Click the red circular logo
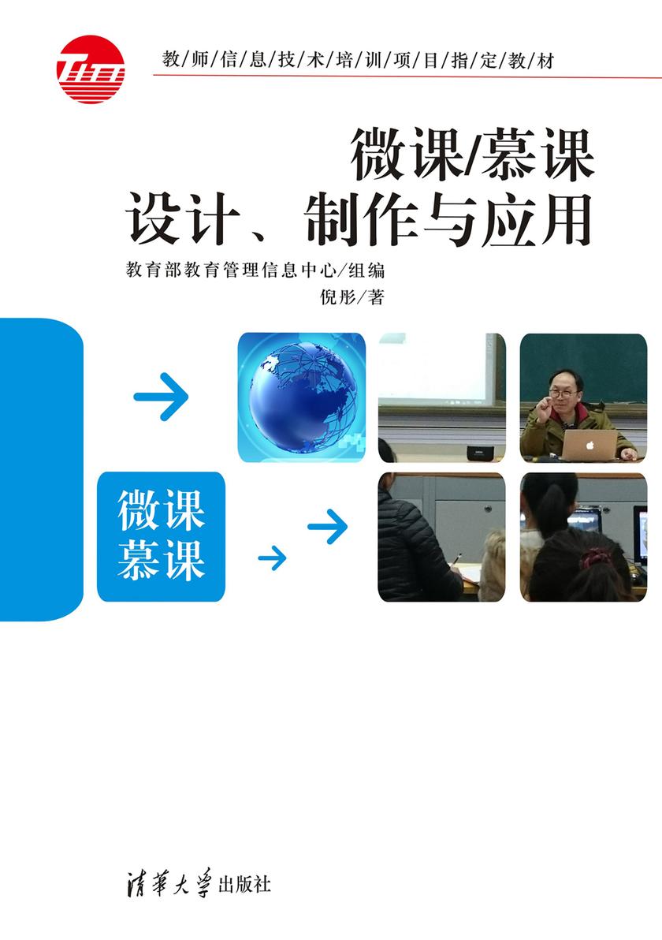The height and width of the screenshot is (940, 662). pyautogui.click(x=91, y=69)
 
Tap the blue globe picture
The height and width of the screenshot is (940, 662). pyautogui.click(x=301, y=397)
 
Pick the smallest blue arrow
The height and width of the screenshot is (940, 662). pyautogui.click(x=272, y=558)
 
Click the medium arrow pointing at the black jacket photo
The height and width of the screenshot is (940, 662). pyautogui.click(x=328, y=527)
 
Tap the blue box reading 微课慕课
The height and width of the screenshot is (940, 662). pyautogui.click(x=161, y=536)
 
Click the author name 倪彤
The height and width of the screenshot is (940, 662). pyautogui.click(x=335, y=297)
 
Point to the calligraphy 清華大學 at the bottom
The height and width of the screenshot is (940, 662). pyautogui.click(x=177, y=882)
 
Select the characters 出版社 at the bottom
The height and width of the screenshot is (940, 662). pyautogui.click(x=247, y=883)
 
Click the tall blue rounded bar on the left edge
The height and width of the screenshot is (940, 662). pyautogui.click(x=39, y=470)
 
